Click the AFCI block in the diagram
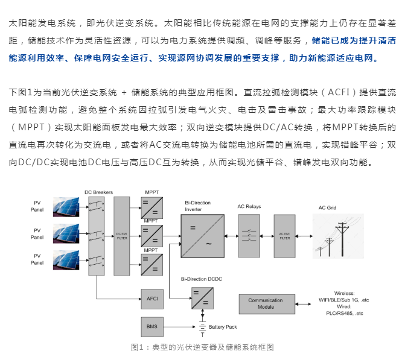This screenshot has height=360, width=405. [x=152, y=299]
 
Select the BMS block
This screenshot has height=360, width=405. [x=152, y=327]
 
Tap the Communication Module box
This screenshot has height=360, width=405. [x=267, y=304]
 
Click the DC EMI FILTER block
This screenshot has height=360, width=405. [x=122, y=236]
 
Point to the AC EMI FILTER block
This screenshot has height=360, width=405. [x=284, y=236]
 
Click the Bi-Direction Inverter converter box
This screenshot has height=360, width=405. [x=203, y=236]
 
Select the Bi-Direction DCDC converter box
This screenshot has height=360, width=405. [x=203, y=298]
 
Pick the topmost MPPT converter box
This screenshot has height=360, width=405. [x=152, y=208]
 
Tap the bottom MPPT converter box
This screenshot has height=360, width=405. [x=152, y=265]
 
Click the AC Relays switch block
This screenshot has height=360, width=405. [x=249, y=236]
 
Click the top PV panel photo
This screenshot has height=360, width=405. [x=66, y=207]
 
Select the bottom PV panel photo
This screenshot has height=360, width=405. [x=66, y=260]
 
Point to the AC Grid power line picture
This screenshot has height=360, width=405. [x=338, y=236]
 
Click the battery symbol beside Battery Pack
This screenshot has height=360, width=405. [x=203, y=327]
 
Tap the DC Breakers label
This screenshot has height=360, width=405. [x=98, y=192]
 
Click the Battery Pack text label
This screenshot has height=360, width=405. [x=223, y=327]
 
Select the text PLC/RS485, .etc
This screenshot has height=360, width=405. [x=344, y=314]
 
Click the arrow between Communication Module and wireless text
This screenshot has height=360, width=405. [x=303, y=304]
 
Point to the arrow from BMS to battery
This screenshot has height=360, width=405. [x=179, y=327]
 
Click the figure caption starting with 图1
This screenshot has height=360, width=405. [x=202, y=347]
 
